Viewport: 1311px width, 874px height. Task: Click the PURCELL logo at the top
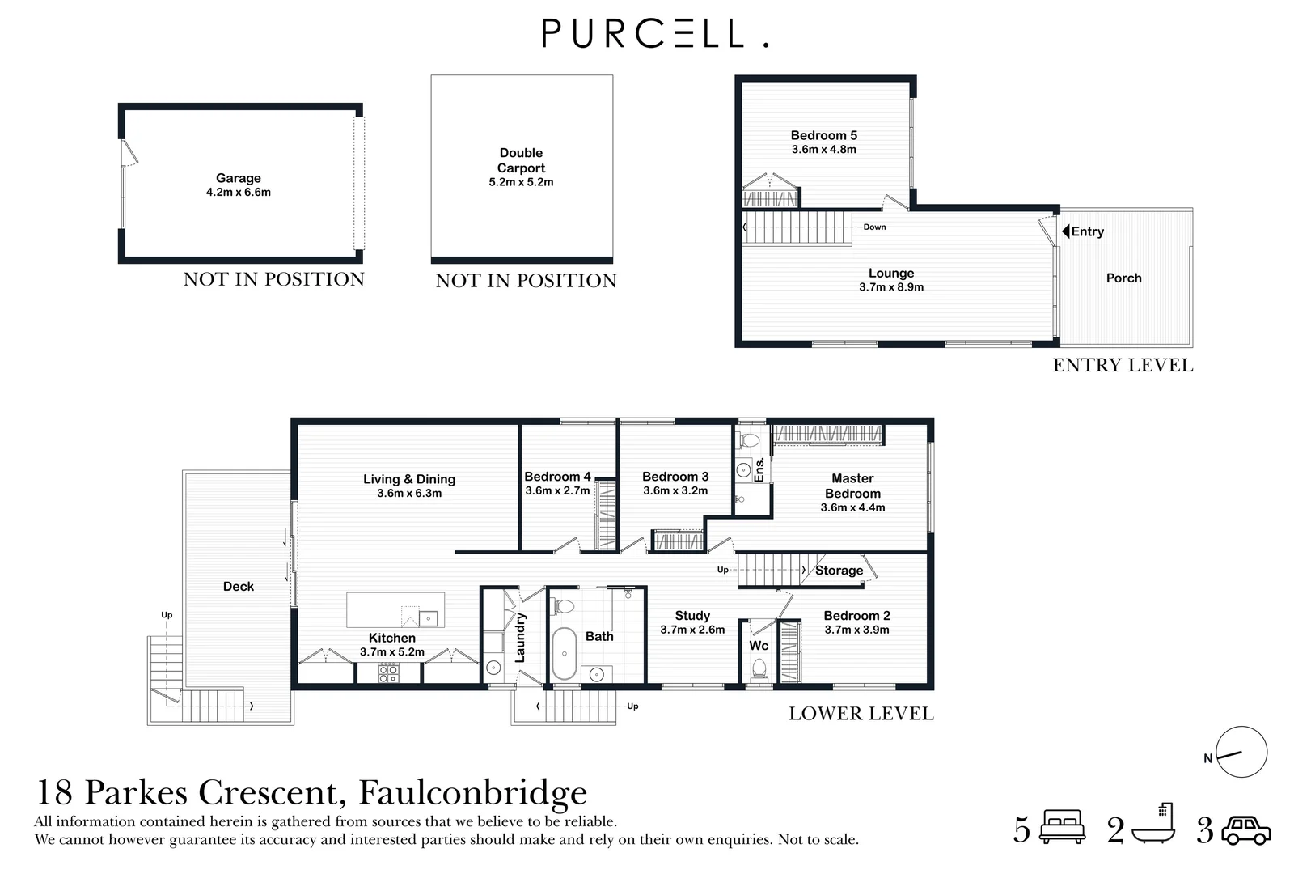pos(654,34)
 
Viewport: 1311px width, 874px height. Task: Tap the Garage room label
pos(239,178)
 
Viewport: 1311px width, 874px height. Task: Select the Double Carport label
pos(521,160)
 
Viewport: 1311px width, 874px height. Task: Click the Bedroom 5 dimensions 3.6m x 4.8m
pos(823,150)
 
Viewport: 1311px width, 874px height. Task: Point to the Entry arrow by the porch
pos(1066,231)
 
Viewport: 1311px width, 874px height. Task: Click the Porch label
pos(1123,278)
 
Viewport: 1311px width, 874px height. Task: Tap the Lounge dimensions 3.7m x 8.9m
pos(891,287)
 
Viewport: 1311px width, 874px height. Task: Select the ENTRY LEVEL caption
pos(1123,365)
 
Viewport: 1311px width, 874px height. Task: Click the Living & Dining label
pos(409,479)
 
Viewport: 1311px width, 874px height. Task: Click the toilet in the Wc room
pos(759,668)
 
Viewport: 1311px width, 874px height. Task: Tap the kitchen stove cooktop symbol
pos(388,673)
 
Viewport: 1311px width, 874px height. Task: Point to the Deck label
pos(239,586)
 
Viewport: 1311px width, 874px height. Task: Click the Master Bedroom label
pos(852,486)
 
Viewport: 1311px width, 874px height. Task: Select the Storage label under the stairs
pos(839,571)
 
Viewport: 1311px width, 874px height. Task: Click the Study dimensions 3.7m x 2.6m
pos(692,630)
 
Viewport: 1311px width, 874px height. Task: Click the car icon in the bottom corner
pos(1246,831)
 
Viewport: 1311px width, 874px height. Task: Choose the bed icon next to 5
pos(1063,829)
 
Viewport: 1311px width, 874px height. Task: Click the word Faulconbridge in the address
pos(472,792)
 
